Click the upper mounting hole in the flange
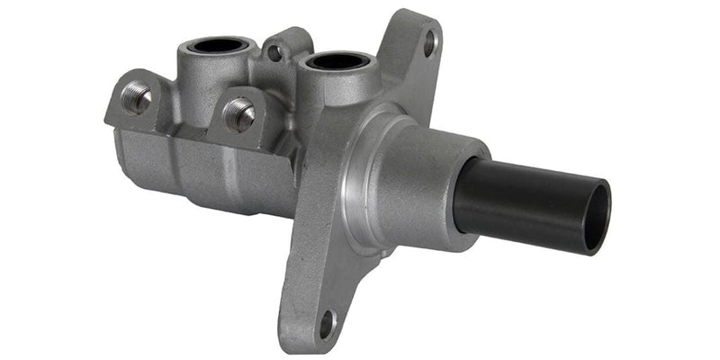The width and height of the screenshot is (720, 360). [429, 40]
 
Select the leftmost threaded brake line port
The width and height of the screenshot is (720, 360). [137, 98]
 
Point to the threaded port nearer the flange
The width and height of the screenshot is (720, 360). [239, 114]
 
